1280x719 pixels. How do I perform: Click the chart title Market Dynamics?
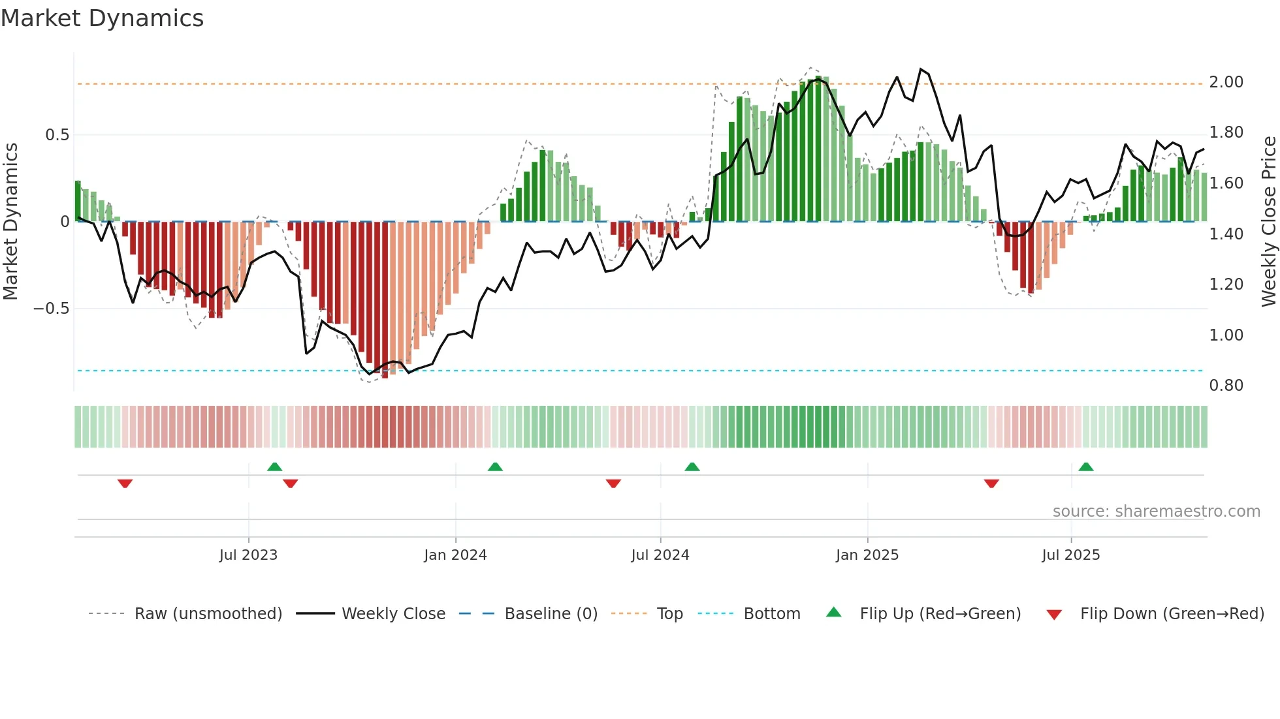(x=102, y=18)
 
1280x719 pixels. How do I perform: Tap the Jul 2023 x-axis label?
(x=248, y=555)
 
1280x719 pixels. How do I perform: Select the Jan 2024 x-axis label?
(x=455, y=555)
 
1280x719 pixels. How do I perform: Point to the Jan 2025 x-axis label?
(x=867, y=555)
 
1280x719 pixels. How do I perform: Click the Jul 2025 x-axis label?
(x=1071, y=555)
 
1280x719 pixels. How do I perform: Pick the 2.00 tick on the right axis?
(x=1226, y=82)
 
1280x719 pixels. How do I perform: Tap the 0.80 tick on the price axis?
(x=1226, y=386)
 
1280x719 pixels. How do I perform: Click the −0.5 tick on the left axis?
(x=51, y=309)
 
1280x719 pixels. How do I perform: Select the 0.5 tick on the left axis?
(x=57, y=135)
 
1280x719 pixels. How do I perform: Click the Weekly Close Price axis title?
(x=1268, y=221)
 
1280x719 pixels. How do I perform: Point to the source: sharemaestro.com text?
(x=1156, y=512)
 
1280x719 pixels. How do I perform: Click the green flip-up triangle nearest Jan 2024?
(x=495, y=467)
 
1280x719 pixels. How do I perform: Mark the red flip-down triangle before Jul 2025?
(x=991, y=483)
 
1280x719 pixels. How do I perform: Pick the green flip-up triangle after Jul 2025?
(x=1086, y=467)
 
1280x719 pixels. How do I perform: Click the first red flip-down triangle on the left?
(x=125, y=483)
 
